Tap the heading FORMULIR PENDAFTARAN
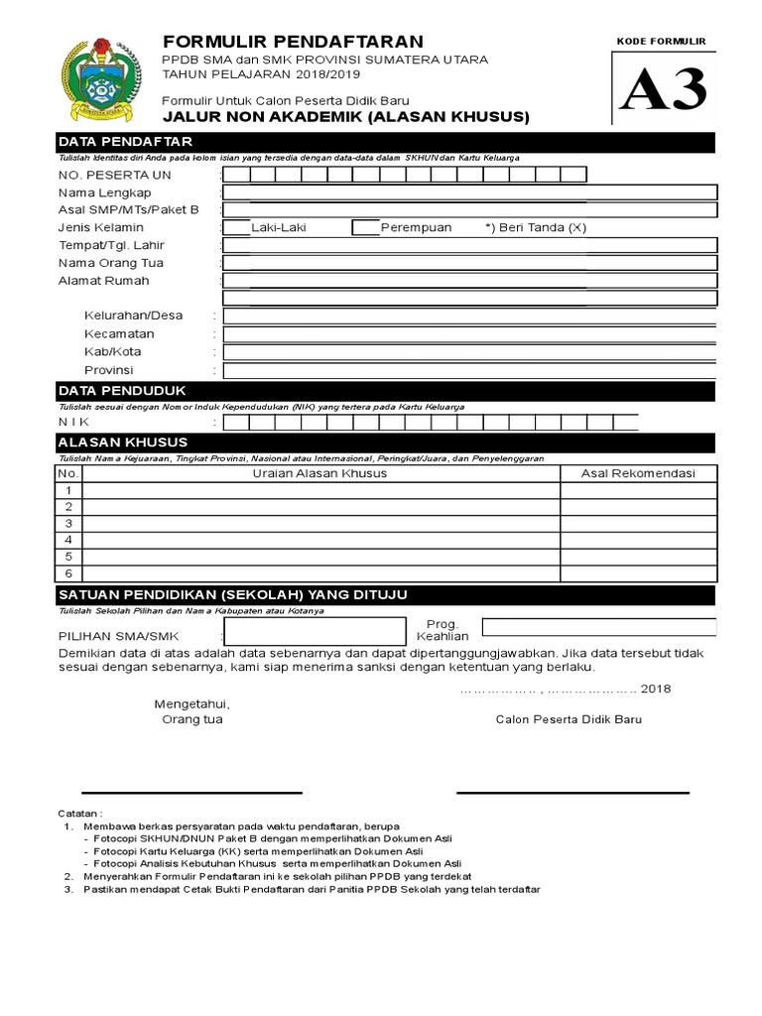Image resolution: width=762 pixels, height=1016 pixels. click(x=293, y=41)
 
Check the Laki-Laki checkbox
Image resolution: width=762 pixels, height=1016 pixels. click(x=236, y=227)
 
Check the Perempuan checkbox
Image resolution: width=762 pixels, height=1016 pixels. click(x=365, y=227)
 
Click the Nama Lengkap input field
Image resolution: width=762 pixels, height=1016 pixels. click(x=469, y=192)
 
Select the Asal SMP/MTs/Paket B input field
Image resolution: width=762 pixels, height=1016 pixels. click(x=469, y=210)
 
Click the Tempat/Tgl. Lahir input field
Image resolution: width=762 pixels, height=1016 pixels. click(x=469, y=245)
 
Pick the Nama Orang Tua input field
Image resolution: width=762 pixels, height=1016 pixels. click(x=469, y=263)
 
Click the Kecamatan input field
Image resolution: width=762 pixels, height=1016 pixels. click(x=469, y=334)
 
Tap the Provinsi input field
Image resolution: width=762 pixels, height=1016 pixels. click(x=469, y=370)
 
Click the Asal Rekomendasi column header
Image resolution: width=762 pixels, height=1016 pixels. click(x=638, y=473)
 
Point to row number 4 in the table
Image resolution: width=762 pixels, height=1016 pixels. click(x=68, y=540)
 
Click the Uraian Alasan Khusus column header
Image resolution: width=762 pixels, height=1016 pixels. click(x=321, y=473)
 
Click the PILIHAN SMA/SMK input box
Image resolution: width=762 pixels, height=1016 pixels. click(x=315, y=631)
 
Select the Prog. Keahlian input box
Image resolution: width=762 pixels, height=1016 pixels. click(x=598, y=626)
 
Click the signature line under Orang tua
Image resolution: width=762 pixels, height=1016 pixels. click(x=191, y=793)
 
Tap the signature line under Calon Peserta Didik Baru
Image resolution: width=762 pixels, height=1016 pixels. click(x=572, y=793)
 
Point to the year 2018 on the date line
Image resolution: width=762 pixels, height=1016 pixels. click(x=656, y=689)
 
